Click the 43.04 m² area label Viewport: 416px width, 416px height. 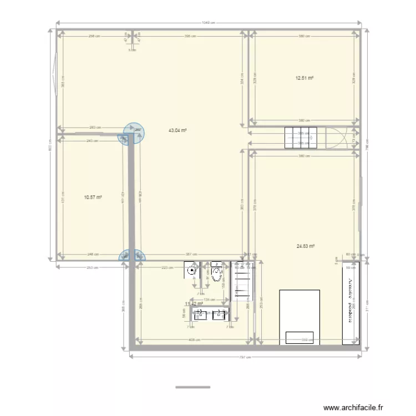point(177,131)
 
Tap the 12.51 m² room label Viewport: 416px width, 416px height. point(305,78)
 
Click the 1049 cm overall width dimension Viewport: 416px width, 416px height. point(209,23)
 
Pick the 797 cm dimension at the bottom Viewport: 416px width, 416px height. point(242,357)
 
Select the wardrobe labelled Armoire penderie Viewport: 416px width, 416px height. point(351,303)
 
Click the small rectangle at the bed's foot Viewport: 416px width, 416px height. point(300,337)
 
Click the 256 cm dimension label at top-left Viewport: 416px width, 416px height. point(94,36)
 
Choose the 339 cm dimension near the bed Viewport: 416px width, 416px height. point(305,340)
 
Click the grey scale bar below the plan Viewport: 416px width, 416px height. point(189,387)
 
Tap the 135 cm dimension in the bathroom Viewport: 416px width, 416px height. point(210,300)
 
